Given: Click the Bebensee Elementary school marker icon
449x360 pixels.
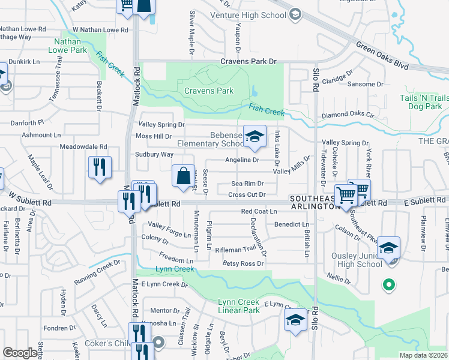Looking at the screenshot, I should [x=255, y=136].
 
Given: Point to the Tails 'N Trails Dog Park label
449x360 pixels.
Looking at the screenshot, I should [x=424, y=103].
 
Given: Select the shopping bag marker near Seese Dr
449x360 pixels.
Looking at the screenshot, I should [x=184, y=176].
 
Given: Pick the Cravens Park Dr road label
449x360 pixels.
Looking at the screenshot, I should [x=248, y=62].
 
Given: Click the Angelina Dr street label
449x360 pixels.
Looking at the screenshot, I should [x=242, y=160].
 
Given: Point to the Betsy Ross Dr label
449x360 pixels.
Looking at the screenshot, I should [x=243, y=263].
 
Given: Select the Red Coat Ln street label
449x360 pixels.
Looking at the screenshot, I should [x=259, y=211].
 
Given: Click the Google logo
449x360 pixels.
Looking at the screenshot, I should [x=20, y=353].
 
